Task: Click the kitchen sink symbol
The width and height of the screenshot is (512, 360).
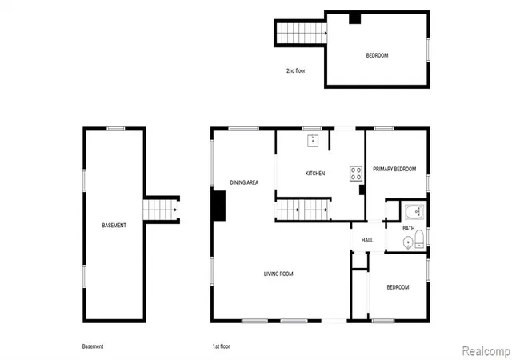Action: click(313, 141)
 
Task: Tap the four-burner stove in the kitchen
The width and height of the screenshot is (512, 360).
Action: click(356, 174)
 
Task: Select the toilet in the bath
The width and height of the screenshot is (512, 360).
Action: click(419, 239)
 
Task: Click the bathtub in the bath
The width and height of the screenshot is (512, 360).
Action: click(414, 212)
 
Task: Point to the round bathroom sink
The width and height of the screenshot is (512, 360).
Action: click(408, 242)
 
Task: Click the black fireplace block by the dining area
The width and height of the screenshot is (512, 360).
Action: click(218, 206)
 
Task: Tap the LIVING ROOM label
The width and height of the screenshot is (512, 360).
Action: click(278, 274)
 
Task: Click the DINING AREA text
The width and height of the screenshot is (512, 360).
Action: click(244, 182)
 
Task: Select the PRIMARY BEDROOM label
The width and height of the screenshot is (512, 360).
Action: click(394, 169)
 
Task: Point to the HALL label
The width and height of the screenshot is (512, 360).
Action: click(367, 240)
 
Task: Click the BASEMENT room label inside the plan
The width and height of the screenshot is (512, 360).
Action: click(114, 226)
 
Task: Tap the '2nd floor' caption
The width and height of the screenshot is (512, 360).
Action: click(296, 70)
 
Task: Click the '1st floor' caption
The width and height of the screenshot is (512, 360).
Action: click(222, 346)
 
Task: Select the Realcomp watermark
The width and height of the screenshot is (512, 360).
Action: click(486, 351)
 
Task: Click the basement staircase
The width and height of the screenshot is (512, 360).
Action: click(160, 210)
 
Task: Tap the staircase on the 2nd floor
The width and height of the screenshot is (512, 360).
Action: click(302, 33)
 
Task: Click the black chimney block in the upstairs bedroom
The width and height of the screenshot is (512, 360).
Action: click(354, 18)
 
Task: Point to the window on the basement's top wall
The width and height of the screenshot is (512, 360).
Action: click(116, 129)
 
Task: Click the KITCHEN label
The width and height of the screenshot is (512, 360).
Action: click(315, 174)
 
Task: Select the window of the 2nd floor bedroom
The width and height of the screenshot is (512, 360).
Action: click(428, 50)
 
